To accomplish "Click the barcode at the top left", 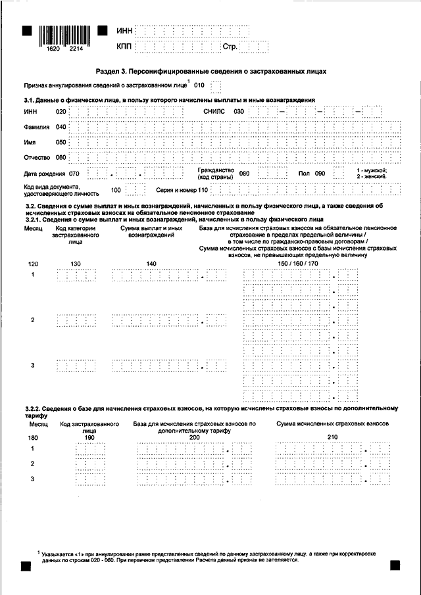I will point(64,34).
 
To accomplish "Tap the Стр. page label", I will point(230,47).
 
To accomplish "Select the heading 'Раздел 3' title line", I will point(211,70).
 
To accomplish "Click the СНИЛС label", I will point(214,112).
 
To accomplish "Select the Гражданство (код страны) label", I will point(215,174).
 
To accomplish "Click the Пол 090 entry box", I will point(338,173).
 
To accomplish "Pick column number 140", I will point(151,263).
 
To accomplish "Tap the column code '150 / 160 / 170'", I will point(298,263).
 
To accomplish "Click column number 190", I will point(89,437).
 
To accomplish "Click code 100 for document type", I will point(116,190).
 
